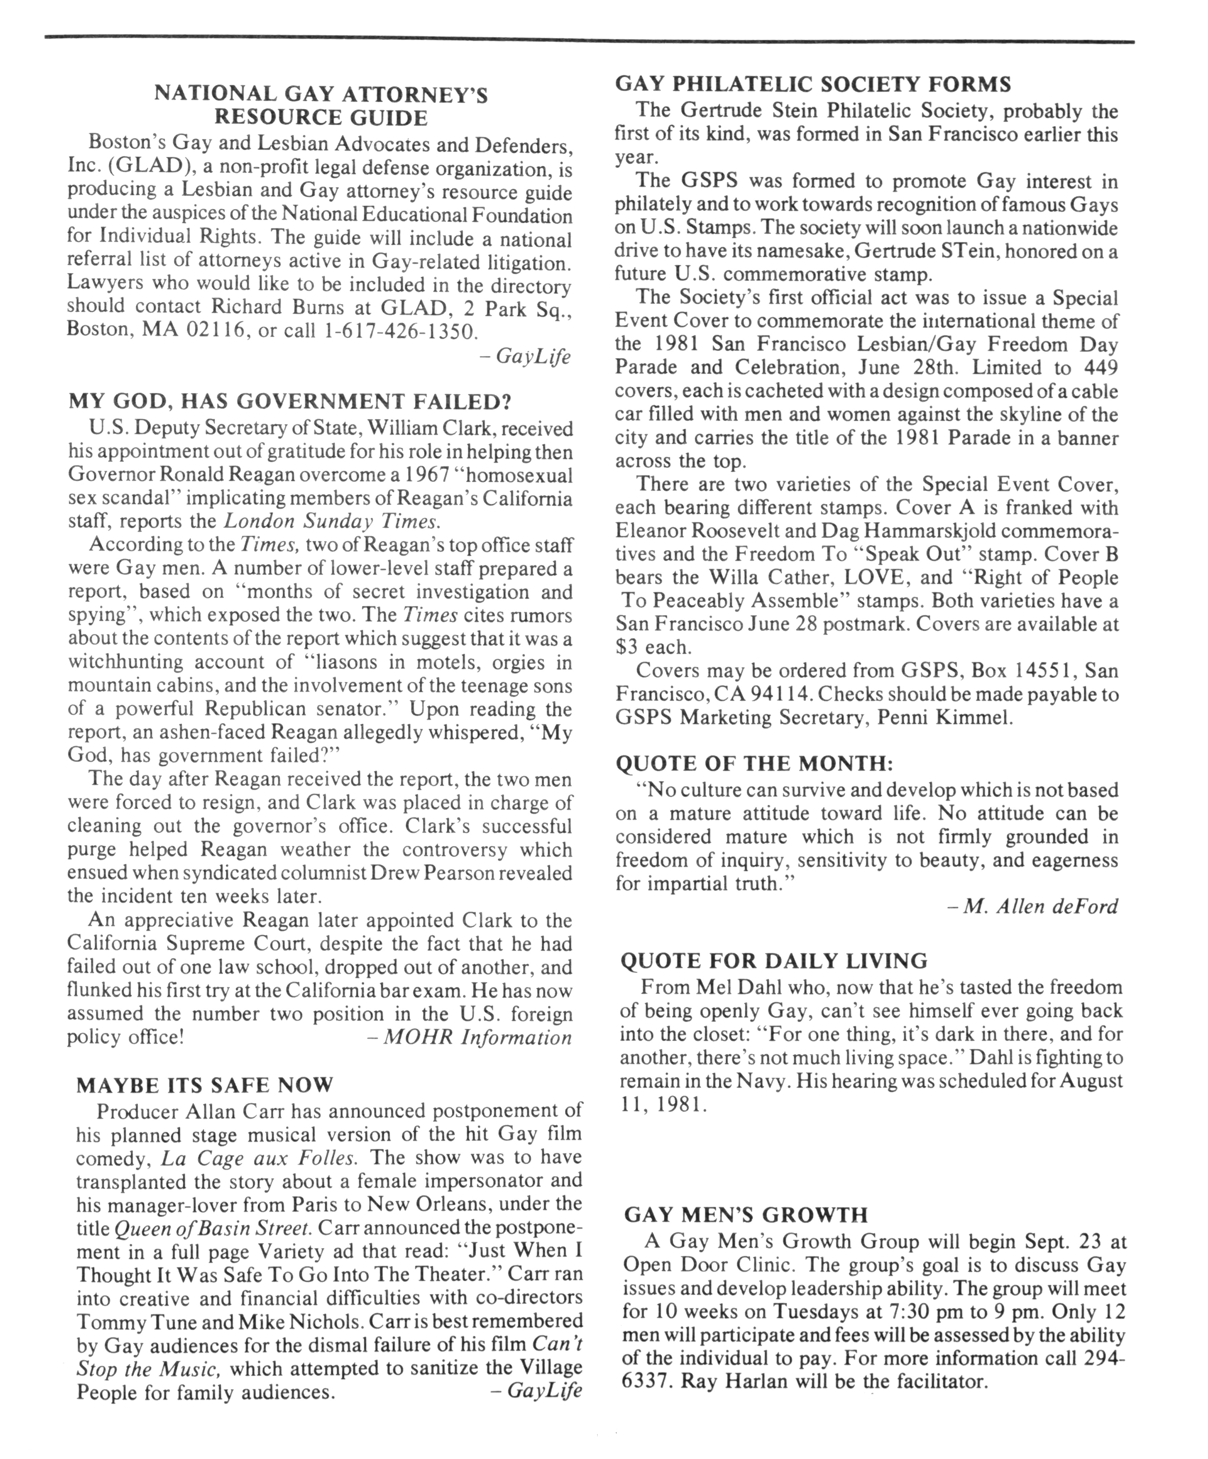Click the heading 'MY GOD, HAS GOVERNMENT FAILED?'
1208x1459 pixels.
click(290, 402)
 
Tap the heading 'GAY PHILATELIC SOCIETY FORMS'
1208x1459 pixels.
click(813, 85)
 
